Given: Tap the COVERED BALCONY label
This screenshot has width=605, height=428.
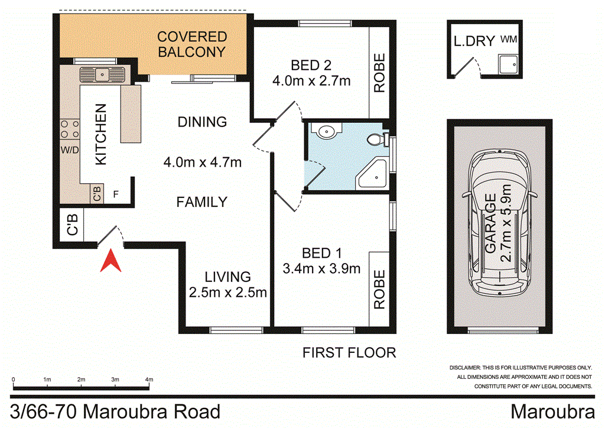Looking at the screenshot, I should tap(191, 44).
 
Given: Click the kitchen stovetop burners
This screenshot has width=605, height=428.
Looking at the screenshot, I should tap(70, 129).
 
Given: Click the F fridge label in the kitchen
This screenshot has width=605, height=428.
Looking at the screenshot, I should tap(116, 194).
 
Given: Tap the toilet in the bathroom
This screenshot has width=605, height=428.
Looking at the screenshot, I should tap(376, 140).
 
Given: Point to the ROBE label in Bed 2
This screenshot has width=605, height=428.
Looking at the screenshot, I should tap(379, 73).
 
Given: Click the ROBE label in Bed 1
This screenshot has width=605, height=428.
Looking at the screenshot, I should tap(379, 290).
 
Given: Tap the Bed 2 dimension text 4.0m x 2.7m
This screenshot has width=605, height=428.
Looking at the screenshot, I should tap(311, 80).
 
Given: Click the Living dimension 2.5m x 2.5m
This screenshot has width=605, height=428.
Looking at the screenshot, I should tap(228, 292).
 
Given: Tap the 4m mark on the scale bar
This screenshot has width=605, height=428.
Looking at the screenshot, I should tap(149, 380).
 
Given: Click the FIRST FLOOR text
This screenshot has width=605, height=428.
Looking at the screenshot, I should tap(349, 353).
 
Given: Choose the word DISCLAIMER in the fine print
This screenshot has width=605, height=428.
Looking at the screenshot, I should tap(466, 368).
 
